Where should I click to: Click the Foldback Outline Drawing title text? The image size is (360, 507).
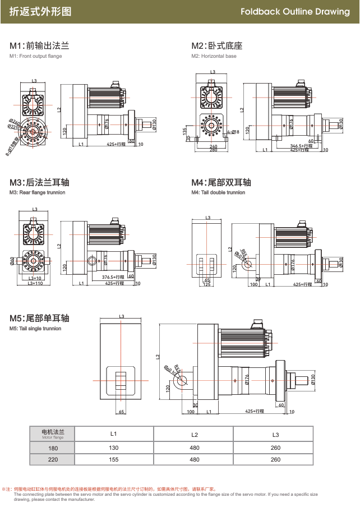295,11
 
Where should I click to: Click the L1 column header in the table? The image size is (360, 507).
113,434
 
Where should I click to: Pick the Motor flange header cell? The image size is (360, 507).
53,434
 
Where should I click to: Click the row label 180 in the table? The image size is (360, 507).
53,448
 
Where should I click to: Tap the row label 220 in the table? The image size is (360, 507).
53,459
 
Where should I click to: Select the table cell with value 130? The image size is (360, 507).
113,448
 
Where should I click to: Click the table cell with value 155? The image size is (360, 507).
113,459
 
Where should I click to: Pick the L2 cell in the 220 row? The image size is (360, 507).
195,459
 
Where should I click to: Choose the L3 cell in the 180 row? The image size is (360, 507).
275,448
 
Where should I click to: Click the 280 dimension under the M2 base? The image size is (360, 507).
213,150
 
